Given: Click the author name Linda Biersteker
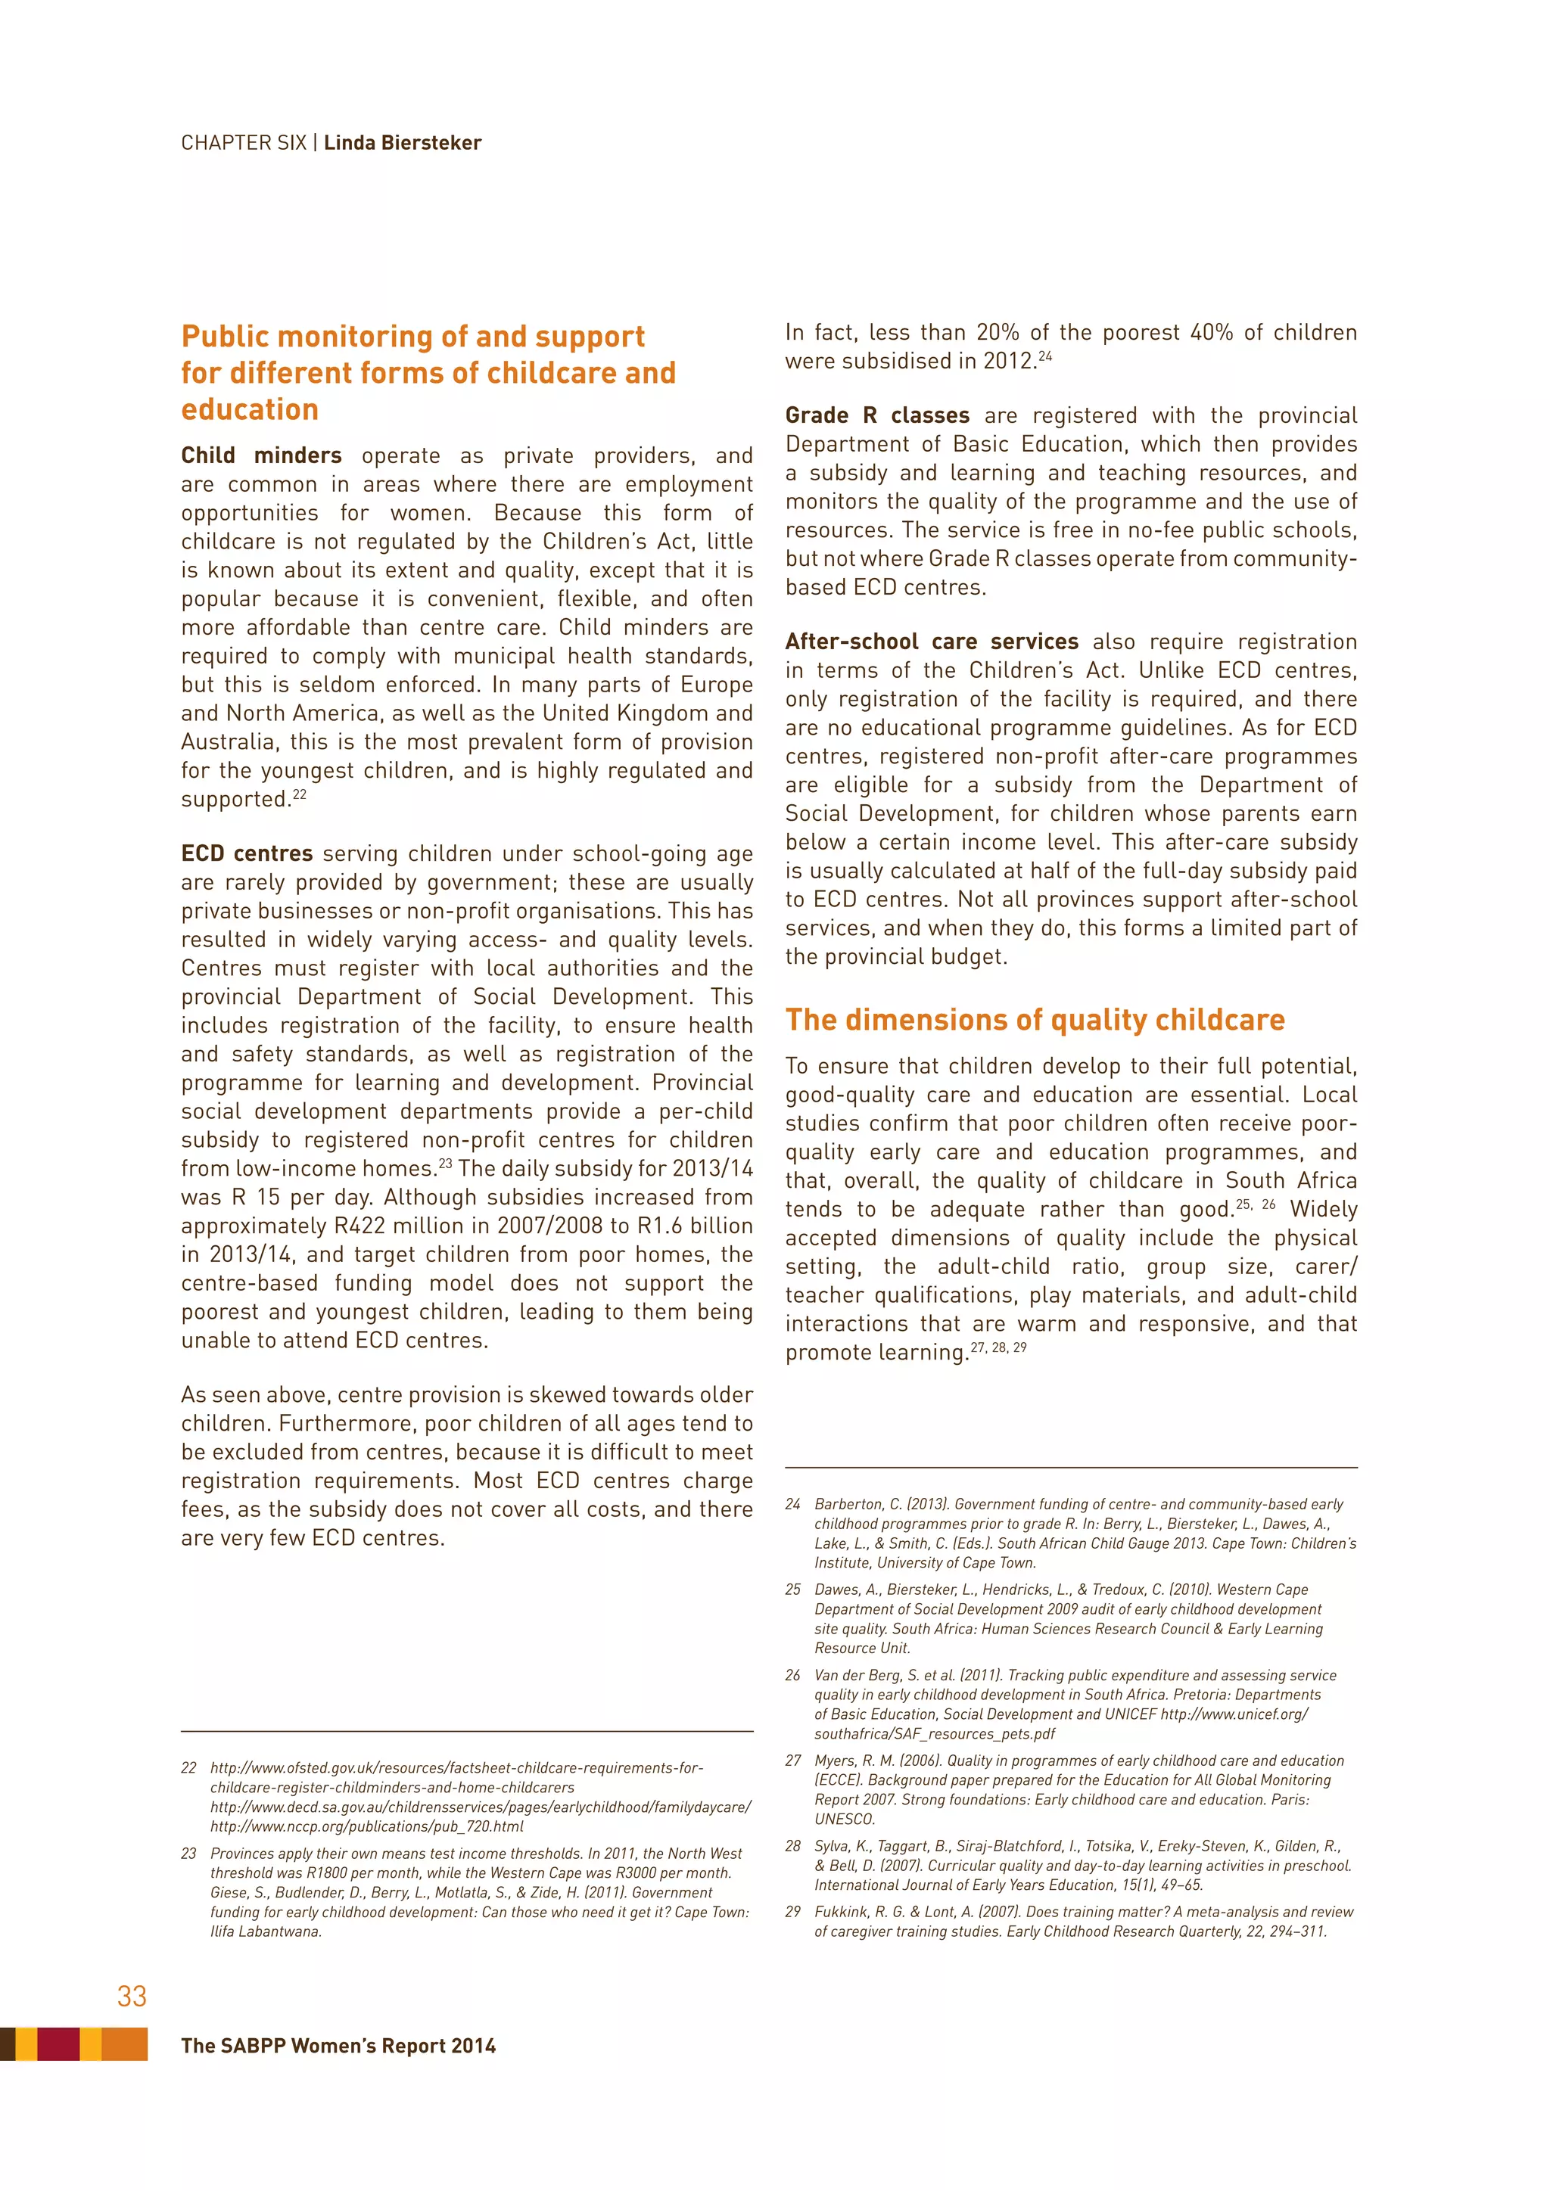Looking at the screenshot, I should (402, 143).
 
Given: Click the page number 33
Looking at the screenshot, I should (132, 1997).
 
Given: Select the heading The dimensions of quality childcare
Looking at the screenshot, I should (1035, 1020).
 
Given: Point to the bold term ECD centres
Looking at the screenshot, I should (246, 854).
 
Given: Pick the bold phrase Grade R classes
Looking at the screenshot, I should (876, 416).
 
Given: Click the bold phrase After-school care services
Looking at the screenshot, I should (932, 642).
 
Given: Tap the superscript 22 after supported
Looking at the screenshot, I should (300, 794).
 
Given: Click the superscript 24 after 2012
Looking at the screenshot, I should (1045, 356).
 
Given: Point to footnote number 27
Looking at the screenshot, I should (793, 1761).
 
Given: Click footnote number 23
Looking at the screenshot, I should (189, 1853).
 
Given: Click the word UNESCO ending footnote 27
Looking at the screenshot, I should (844, 1819).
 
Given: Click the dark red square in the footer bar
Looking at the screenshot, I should (58, 2044).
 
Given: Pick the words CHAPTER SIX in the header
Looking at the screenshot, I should (244, 143).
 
